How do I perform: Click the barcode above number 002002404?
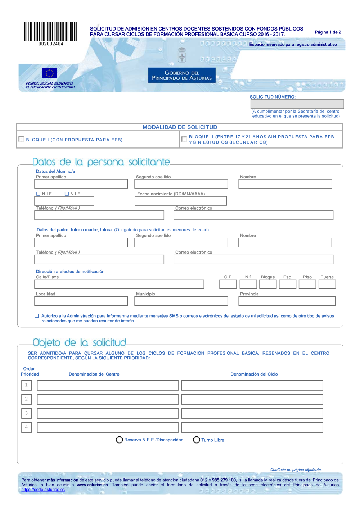51,31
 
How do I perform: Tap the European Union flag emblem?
49,73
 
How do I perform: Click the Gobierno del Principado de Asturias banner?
182,76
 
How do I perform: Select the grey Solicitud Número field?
297,104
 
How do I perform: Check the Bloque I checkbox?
21,139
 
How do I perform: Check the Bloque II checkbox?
184,139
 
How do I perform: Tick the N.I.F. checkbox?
39,194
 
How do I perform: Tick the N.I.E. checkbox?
67,194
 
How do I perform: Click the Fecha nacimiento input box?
181,201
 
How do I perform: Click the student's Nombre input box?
285,184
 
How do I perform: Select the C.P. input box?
228,284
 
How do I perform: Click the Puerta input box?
327,284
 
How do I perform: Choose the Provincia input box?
287,301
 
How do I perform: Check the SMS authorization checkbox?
36,316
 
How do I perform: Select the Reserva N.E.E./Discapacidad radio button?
120,440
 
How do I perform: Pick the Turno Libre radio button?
197,440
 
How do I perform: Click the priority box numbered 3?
26,413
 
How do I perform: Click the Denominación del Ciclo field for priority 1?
252,385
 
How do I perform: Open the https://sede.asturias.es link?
43,490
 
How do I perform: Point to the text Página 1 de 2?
328,32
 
